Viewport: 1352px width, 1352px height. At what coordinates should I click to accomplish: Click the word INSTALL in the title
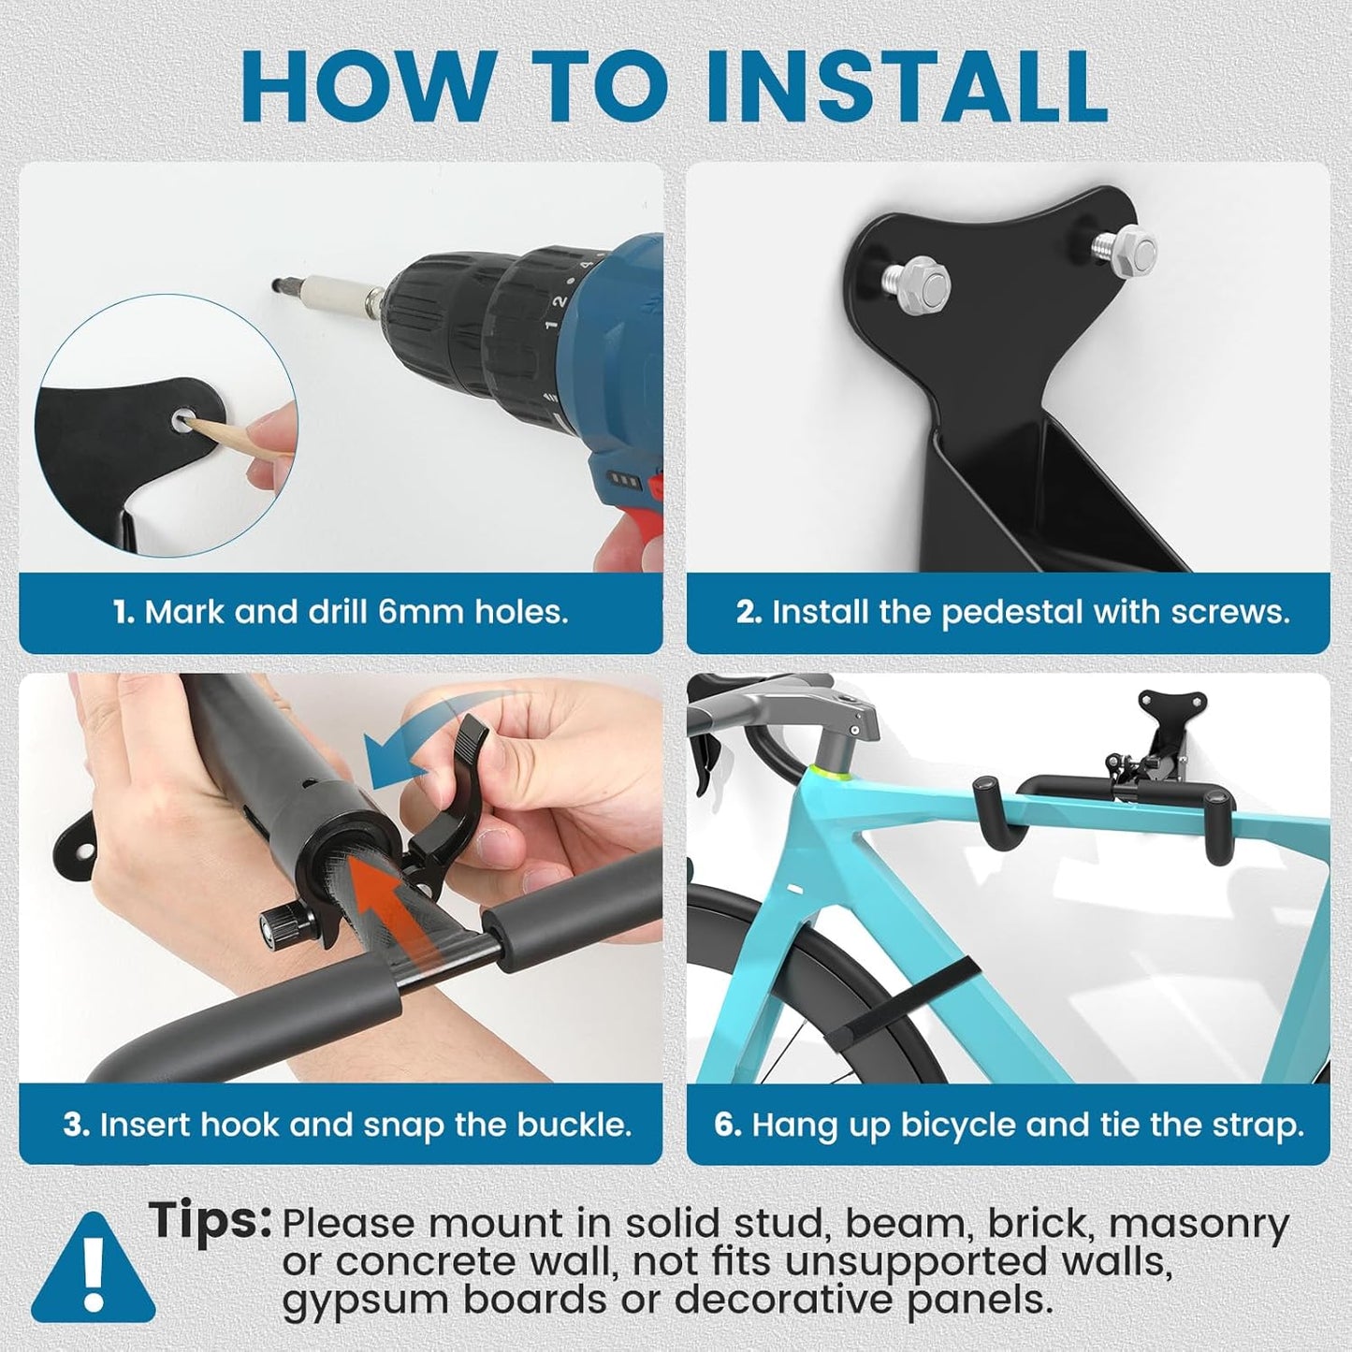906,85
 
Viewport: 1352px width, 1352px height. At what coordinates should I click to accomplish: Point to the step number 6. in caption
728,1124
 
